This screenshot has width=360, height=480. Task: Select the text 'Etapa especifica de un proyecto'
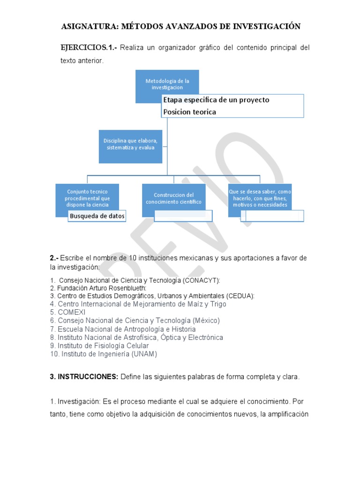(x=216, y=100)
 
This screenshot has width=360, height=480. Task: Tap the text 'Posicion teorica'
(x=189, y=112)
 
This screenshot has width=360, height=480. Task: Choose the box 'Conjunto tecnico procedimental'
(x=87, y=197)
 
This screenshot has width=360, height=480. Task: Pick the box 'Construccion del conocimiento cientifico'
(x=173, y=197)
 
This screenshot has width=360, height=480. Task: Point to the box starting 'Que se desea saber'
(x=260, y=198)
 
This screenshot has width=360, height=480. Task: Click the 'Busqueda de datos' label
(x=97, y=216)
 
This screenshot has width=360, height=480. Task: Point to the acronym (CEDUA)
(x=240, y=296)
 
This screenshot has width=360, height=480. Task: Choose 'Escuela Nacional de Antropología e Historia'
(x=127, y=329)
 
